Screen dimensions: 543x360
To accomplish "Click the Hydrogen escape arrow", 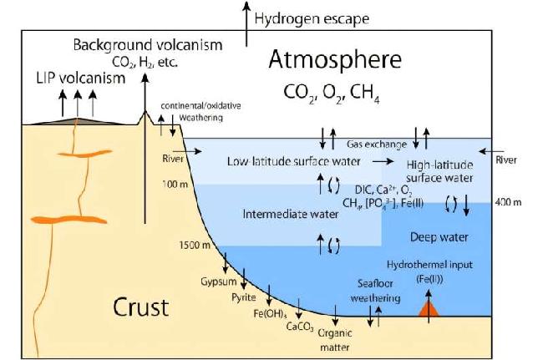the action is pos(246,23).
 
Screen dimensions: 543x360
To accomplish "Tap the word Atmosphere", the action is pos(335,59).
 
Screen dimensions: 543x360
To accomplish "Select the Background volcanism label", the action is pos(148,45).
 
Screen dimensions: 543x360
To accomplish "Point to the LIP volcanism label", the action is pos(81,79).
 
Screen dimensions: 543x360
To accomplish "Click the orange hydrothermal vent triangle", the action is pos(429,309).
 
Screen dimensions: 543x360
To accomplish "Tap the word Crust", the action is pos(141,307).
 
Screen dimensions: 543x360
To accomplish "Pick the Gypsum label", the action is pos(219,281).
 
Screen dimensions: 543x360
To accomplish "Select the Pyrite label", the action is pos(244,297).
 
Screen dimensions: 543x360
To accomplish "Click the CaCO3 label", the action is pos(300,327).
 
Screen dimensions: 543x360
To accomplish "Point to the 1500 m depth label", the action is pos(195,245).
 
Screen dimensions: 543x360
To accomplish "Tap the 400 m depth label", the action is pos(508,202).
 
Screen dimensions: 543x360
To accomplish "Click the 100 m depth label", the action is pos(175,184).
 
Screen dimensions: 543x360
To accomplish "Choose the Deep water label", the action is pos(439,237).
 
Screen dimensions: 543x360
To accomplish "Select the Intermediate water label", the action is pos(291,214).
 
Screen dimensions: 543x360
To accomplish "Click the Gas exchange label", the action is pos(377,145).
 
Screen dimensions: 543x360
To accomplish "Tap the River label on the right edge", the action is pos(506,160).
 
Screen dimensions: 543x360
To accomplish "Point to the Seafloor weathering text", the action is pos(375,291).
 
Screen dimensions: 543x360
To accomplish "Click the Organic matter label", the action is pos(335,340).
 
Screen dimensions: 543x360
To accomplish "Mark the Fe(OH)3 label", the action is pos(270,313).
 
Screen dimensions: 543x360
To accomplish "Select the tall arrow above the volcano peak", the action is pos(145,149).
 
